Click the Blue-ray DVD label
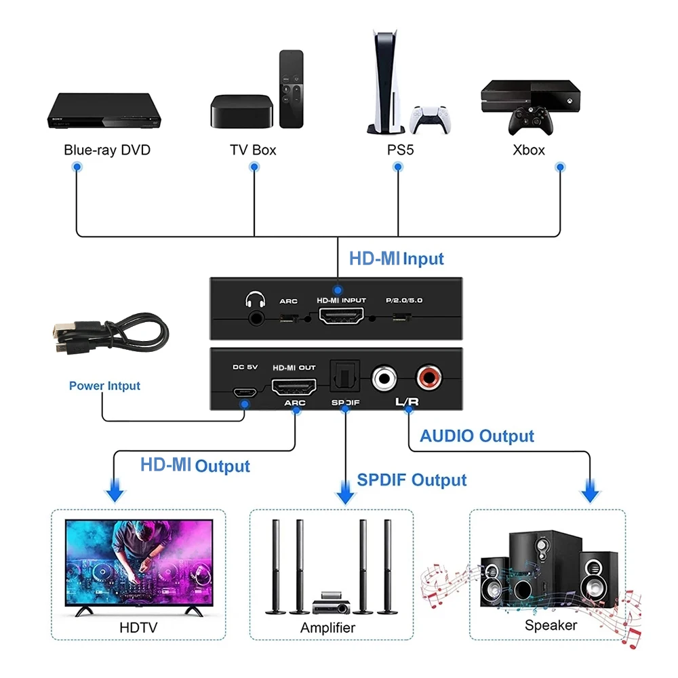(x=106, y=150)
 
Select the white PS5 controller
(x=431, y=119)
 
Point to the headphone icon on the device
(x=254, y=299)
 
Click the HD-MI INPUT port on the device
(x=341, y=316)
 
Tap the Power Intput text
(x=104, y=386)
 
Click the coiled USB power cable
(x=108, y=336)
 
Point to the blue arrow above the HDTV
(x=116, y=490)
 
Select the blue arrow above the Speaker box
(x=591, y=490)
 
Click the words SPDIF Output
(x=412, y=480)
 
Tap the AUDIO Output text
(x=477, y=436)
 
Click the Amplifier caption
(x=327, y=627)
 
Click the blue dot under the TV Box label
(x=253, y=166)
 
